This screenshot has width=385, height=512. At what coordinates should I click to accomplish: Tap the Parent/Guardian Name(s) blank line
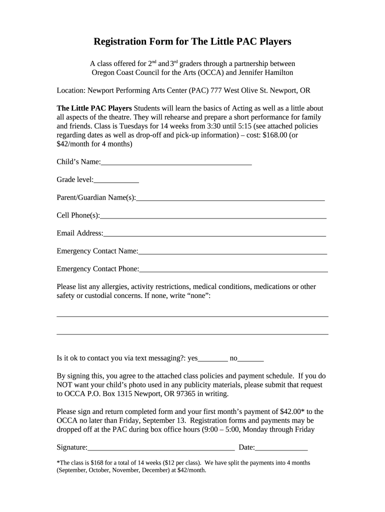coord(230,198)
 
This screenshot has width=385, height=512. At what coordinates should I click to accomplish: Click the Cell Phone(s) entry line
coord(213,216)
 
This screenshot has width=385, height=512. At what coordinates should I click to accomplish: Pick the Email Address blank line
coord(214,233)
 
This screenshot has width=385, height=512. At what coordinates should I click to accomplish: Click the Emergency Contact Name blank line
coord(232,251)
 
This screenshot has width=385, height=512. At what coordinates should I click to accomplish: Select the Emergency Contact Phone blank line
coord(233,269)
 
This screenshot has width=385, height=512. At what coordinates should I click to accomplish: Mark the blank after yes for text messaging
coord(213,358)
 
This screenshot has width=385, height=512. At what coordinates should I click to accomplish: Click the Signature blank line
coord(161,448)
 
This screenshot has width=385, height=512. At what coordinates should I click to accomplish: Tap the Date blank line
coord(281,448)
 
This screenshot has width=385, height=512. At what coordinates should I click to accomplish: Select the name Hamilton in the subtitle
coord(277,72)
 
